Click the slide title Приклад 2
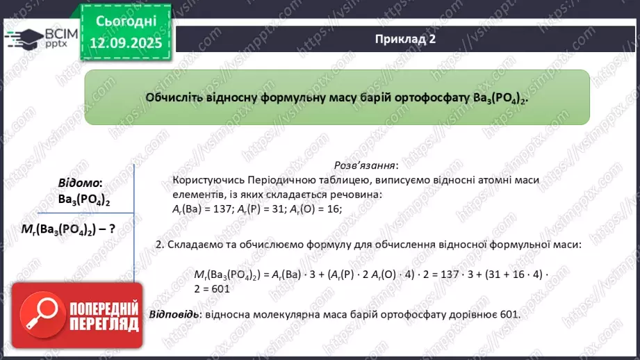pyautogui.click(x=404, y=40)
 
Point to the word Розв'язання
pyautogui.click(x=366, y=165)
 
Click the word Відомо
pyautogui.click(x=79, y=183)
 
